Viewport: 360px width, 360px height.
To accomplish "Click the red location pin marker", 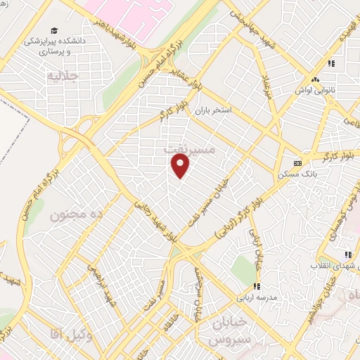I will coord(181,166).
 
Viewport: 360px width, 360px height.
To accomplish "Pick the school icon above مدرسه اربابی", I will coord(257,285).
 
